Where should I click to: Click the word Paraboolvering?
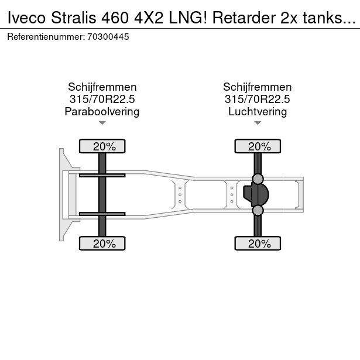click(102, 111)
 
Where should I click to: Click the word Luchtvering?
click(258, 111)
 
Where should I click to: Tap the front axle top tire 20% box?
click(102, 146)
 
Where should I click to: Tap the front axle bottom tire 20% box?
click(102, 244)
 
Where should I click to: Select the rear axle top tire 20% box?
click(258, 146)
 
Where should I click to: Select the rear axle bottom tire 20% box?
click(258, 244)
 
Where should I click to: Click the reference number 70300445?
click(109, 37)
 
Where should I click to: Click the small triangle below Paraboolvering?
click(102, 123)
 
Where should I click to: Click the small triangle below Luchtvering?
click(258, 123)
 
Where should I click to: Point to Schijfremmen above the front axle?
click(102, 87)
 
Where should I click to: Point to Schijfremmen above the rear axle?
click(258, 87)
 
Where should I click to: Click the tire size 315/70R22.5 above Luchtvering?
click(258, 99)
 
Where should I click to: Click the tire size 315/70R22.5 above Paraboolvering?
click(102, 99)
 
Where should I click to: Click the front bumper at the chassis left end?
click(61, 194)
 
